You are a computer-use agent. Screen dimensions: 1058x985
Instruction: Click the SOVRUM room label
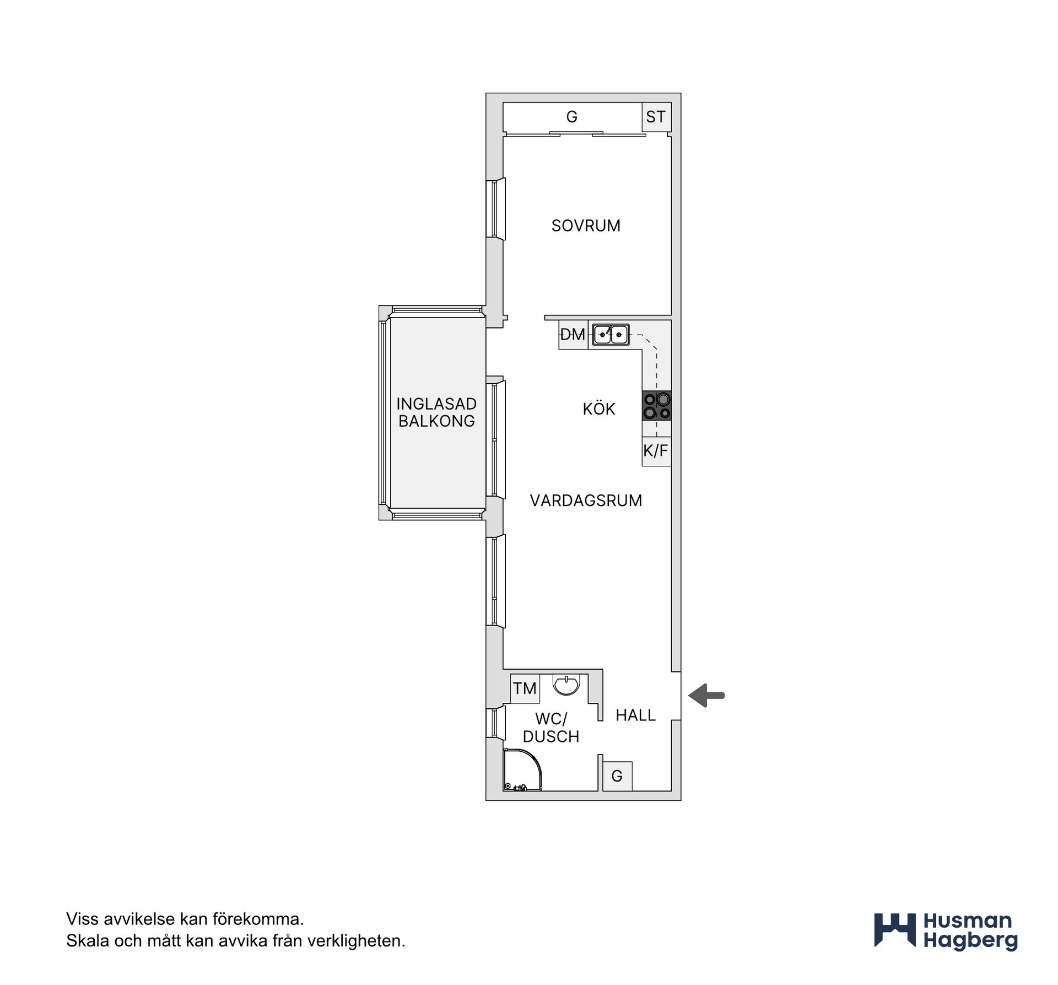click(586, 225)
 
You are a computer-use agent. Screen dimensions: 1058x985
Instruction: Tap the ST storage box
click(656, 117)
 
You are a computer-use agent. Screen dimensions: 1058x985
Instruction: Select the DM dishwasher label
click(573, 334)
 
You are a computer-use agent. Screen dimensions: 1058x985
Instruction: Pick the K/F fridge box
click(656, 451)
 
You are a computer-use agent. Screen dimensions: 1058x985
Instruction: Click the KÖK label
click(599, 408)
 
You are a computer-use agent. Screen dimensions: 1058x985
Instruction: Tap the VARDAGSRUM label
click(586, 500)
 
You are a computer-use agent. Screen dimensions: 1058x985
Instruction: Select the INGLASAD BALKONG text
click(436, 412)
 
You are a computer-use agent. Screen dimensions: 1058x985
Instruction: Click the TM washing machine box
click(525, 688)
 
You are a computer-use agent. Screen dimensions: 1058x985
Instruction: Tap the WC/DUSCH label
click(551, 728)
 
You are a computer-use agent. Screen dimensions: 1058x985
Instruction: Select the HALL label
click(636, 715)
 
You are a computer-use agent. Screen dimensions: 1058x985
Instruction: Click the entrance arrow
click(706, 696)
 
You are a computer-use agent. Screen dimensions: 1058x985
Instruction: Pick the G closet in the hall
click(617, 776)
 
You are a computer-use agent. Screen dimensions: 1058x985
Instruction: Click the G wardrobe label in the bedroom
click(572, 117)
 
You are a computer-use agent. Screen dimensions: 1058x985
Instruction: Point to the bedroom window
click(495, 208)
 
